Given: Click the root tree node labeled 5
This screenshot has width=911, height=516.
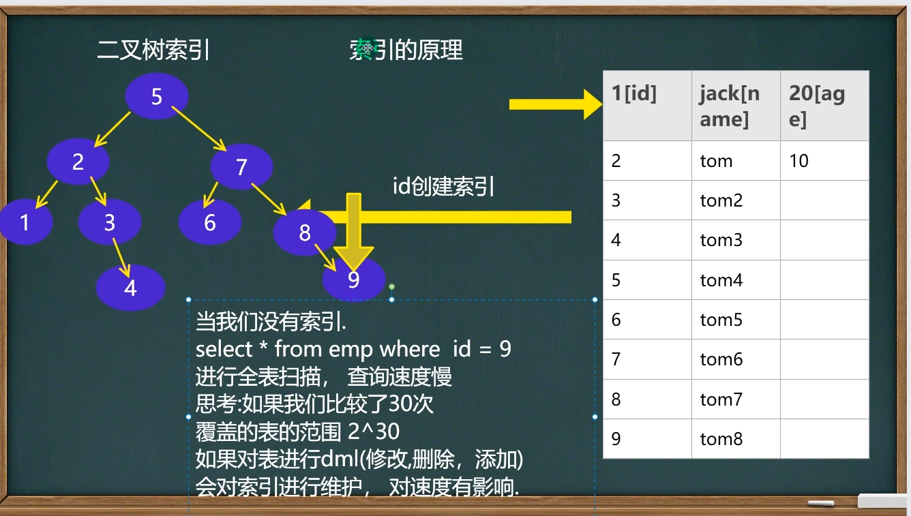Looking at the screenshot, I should click(157, 96).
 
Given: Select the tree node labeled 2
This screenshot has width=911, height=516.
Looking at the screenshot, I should click(78, 162).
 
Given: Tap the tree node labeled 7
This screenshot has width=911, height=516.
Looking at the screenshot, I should click(241, 167).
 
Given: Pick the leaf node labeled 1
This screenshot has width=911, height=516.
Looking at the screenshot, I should click(25, 222).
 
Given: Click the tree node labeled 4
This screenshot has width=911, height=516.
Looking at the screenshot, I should click(130, 288).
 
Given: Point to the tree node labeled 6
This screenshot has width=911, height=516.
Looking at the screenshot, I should click(210, 222).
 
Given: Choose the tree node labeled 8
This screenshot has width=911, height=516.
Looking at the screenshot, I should click(304, 233).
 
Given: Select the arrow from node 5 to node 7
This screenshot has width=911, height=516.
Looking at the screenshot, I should click(198, 128).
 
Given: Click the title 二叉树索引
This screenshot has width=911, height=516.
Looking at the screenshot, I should click(153, 50).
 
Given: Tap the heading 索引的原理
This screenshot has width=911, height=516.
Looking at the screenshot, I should click(406, 50).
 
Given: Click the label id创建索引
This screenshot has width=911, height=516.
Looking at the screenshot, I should click(443, 186).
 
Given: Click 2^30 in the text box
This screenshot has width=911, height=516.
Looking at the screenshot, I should click(374, 432).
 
